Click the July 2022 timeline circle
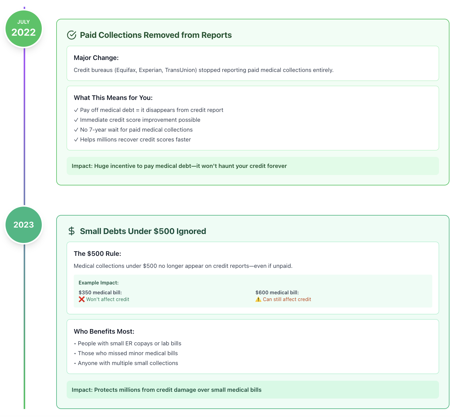tap(24, 29)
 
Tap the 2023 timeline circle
tap(24, 225)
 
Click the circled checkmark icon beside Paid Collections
tap(72, 35)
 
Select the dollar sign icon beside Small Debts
tap(72, 231)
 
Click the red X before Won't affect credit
tap(81, 299)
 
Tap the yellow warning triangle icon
tap(258, 299)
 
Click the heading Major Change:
tap(96, 58)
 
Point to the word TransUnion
tap(181, 70)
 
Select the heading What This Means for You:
tap(113, 97)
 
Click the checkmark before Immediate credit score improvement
tap(76, 120)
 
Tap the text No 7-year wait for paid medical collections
tap(136, 130)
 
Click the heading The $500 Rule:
tap(97, 254)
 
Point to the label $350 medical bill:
tap(100, 292)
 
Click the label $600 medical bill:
tap(277, 292)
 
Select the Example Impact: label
tap(99, 283)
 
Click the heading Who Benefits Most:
tap(104, 331)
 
